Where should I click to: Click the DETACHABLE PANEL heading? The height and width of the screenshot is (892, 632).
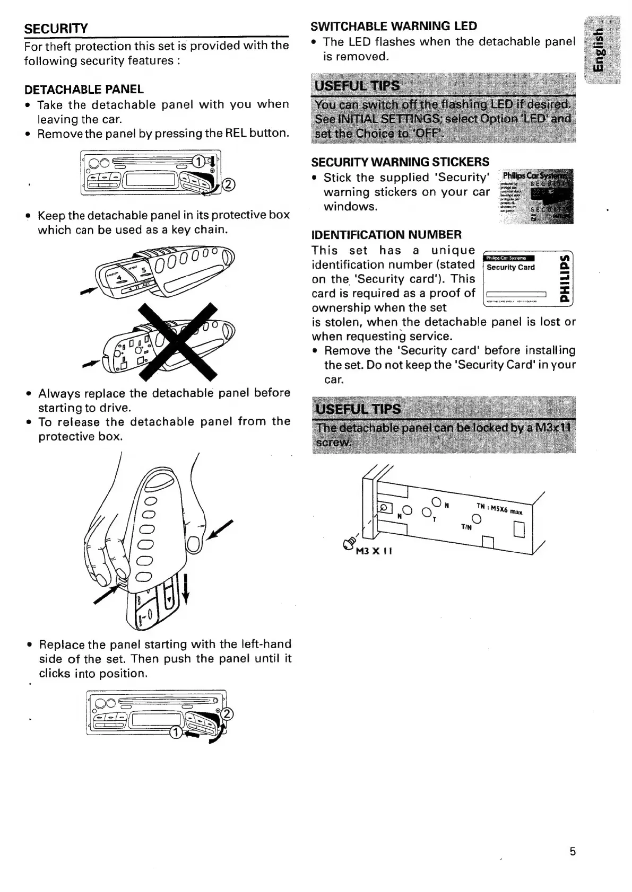(x=84, y=89)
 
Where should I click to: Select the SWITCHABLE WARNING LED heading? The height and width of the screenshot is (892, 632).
(x=394, y=26)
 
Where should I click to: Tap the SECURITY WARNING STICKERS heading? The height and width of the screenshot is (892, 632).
(x=400, y=162)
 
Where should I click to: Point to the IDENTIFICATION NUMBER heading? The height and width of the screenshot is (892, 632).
(x=386, y=234)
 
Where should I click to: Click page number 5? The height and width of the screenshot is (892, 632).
(x=572, y=852)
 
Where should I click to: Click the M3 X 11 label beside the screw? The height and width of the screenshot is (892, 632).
(x=374, y=551)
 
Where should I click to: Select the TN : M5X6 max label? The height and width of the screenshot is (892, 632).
(x=498, y=509)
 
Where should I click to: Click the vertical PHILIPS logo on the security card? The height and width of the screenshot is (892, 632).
(x=567, y=279)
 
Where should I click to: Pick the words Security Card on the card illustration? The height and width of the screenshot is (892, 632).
(x=510, y=267)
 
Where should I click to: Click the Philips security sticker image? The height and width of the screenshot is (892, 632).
(x=536, y=197)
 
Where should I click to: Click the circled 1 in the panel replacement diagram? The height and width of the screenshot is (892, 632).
(x=174, y=732)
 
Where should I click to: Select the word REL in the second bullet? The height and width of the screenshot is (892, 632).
(x=237, y=133)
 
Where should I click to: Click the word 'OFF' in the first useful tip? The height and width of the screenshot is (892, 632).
(x=427, y=133)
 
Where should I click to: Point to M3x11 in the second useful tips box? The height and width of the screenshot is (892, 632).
(x=553, y=428)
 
